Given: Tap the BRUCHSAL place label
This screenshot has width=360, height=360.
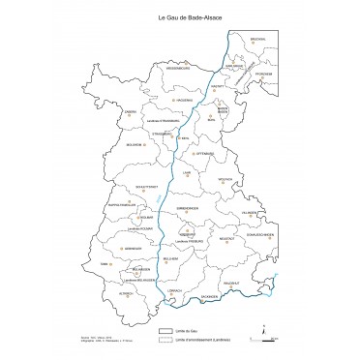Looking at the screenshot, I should [258, 39].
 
